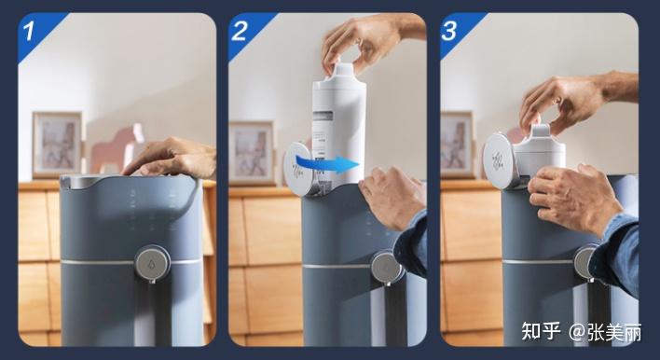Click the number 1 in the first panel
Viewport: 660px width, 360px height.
click(29, 31)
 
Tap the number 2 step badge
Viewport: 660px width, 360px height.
click(239, 31)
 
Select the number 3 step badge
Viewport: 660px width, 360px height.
click(448, 31)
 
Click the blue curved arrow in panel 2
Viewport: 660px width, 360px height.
click(328, 163)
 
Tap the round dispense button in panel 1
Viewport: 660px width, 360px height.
click(152, 263)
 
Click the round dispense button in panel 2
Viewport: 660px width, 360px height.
click(387, 268)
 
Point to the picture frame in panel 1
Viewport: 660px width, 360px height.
click(58, 145)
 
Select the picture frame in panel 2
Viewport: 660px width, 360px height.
click(252, 153)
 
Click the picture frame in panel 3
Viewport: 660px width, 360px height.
click(458, 145)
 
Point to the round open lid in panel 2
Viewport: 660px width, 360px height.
click(299, 169)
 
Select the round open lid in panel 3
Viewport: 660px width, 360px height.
click(499, 160)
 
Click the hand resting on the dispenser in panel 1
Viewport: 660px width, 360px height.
click(172, 157)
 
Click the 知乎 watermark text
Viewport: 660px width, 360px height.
click(541, 331)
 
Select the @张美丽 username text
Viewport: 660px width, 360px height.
click(605, 332)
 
